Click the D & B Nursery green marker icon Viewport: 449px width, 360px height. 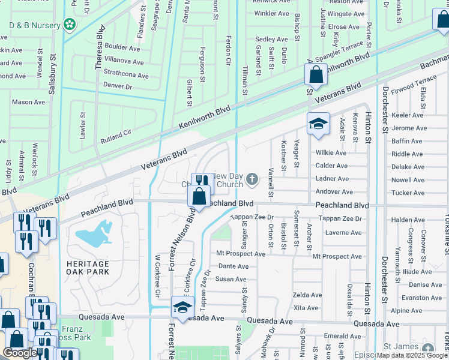coord(70,25)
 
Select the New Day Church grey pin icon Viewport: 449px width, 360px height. coord(253,179)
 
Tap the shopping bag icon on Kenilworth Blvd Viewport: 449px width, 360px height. coord(316,76)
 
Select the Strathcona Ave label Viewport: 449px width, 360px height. coord(126,76)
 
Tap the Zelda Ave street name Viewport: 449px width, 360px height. coord(307,295)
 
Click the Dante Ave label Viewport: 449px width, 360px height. coord(233,266)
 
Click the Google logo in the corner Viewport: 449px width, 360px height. coord(20,353)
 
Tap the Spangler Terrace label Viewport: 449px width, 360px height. coord(339,52)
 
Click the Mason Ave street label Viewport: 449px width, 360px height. coord(28,102)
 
